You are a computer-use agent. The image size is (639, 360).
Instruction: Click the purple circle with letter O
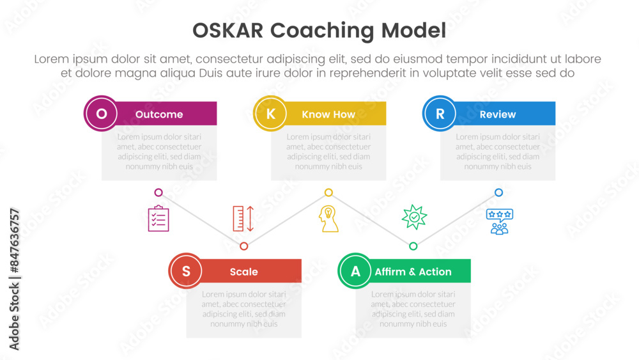[x=101, y=113]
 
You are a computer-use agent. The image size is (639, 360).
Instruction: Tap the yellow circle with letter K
[x=270, y=113]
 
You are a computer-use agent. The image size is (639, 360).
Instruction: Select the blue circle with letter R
[x=440, y=113]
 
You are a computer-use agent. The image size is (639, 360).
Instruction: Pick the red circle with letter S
[x=186, y=270]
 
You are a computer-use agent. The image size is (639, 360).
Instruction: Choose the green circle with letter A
[x=355, y=270]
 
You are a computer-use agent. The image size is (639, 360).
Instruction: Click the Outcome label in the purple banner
[x=159, y=114]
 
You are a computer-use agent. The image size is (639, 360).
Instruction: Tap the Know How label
[x=328, y=114]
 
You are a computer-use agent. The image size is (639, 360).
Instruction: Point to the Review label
[x=498, y=114]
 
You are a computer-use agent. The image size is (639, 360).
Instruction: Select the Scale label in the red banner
[x=243, y=272]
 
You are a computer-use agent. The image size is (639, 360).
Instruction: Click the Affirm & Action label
[x=413, y=272]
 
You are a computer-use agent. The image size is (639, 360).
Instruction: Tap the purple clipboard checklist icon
[x=158, y=219]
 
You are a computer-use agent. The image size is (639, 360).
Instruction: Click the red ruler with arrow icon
[x=243, y=219]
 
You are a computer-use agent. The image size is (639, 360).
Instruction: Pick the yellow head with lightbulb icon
[x=328, y=219]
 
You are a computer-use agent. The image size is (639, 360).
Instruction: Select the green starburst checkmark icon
[x=414, y=217]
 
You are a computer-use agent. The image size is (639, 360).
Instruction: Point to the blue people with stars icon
[x=499, y=221]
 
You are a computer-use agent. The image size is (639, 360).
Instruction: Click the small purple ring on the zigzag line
[x=158, y=192]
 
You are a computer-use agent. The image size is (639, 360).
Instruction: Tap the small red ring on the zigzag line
[x=243, y=246]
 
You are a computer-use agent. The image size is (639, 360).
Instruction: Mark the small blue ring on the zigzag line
[x=498, y=192]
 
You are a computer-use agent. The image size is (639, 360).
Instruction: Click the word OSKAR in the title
[x=228, y=31]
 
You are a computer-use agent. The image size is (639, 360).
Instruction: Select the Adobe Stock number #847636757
[x=15, y=241]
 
